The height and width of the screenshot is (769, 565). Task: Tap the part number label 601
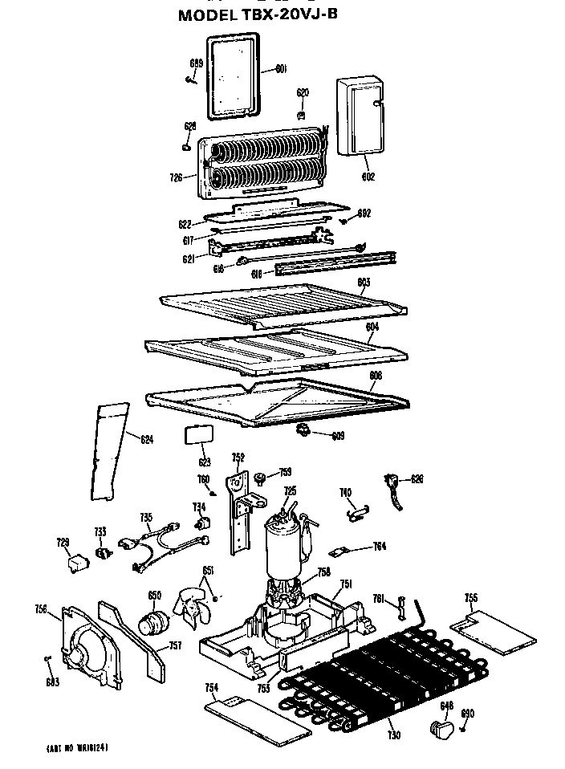[x=281, y=69]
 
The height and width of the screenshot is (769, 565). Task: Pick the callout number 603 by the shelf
[x=363, y=283]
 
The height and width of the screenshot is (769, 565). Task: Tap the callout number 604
[x=372, y=327]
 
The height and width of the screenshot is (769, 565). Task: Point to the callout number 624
[x=147, y=439]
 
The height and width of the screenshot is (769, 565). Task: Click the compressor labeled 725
[x=286, y=546]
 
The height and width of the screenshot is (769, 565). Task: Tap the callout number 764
[x=380, y=547]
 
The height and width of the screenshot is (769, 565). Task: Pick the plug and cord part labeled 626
[x=395, y=490]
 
